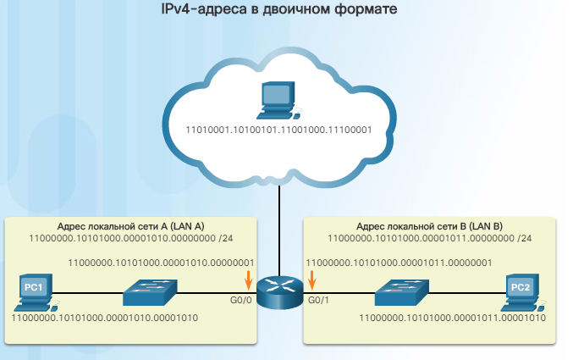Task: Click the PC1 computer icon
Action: click(x=36, y=292)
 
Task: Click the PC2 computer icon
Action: click(x=523, y=292)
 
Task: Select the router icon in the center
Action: click(x=280, y=292)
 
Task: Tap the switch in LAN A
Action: click(x=150, y=292)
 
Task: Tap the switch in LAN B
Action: click(x=402, y=292)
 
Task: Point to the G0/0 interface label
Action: click(x=241, y=300)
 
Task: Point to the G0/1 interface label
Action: click(x=318, y=300)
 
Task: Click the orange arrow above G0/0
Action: click(x=249, y=280)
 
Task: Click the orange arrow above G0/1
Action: click(x=311, y=280)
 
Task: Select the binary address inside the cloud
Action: click(x=278, y=130)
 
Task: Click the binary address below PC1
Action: click(x=105, y=318)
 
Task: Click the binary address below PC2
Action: click(x=453, y=318)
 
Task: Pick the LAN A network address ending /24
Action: click(x=131, y=239)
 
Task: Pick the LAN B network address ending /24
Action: click(x=430, y=239)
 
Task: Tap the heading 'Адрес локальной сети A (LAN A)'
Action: click(x=131, y=226)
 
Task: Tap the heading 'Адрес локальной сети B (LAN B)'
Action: click(x=429, y=226)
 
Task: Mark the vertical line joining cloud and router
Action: click(x=279, y=231)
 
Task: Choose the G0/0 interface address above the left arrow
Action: click(x=161, y=263)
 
